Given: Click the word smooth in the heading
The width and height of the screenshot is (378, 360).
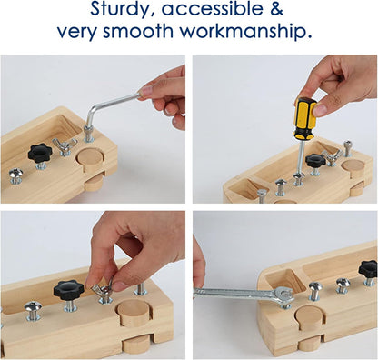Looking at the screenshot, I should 141,32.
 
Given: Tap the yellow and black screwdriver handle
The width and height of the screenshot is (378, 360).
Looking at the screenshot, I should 304,115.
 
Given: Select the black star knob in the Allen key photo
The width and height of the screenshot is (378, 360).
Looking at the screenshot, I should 40,152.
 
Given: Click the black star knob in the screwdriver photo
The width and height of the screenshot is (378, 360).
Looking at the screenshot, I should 315,160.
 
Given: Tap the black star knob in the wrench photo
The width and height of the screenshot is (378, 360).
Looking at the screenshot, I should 368,269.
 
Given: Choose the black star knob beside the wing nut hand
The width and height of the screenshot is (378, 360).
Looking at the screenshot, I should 68,290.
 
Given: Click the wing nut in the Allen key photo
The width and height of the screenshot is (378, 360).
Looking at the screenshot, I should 64,145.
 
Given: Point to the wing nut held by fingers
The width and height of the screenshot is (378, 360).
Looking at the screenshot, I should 102,291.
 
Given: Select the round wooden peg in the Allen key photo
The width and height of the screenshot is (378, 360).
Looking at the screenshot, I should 91,157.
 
